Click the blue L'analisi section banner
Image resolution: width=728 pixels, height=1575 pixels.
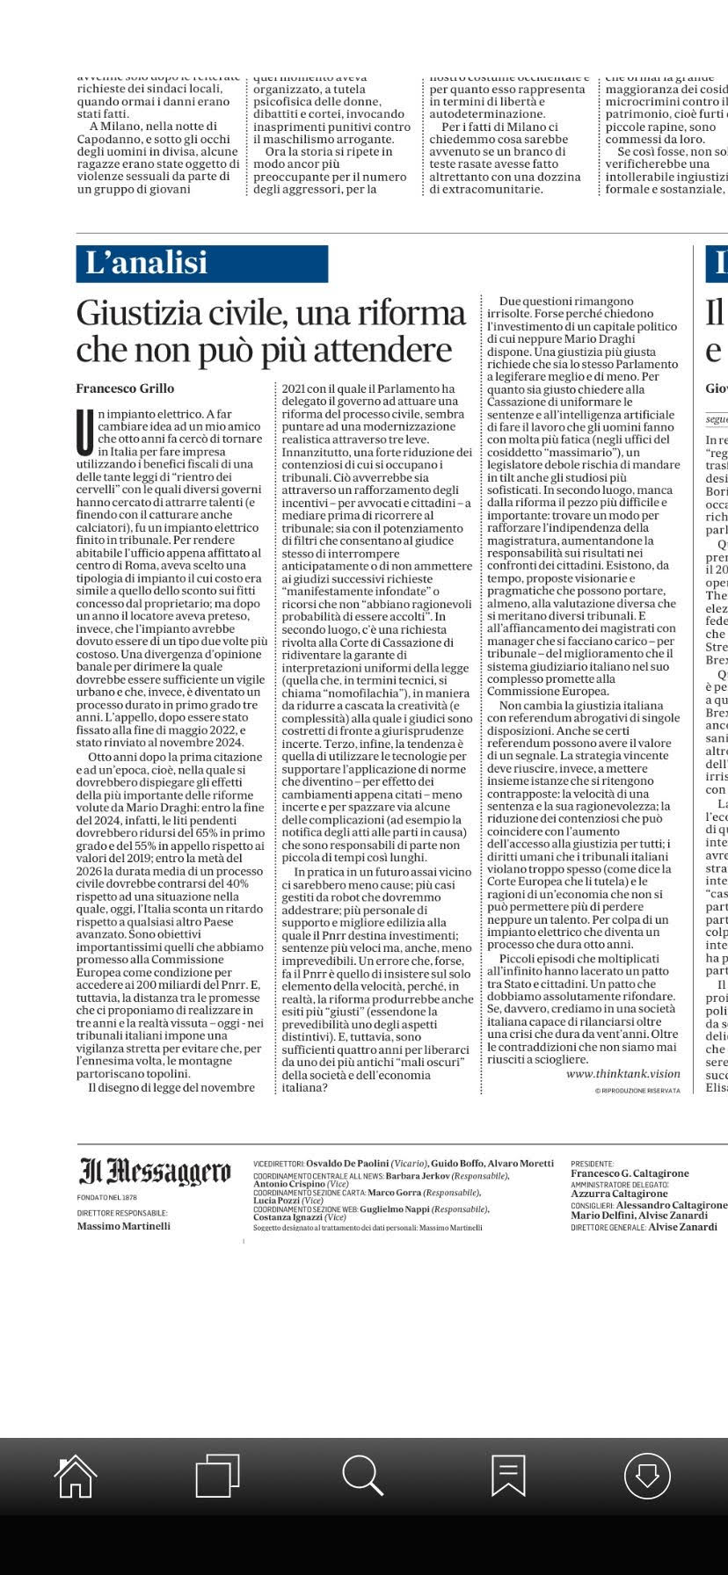(202, 264)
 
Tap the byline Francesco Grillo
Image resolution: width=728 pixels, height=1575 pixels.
(125, 388)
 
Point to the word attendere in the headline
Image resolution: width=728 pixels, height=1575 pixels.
(396, 350)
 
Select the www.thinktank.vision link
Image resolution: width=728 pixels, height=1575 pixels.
(622, 1074)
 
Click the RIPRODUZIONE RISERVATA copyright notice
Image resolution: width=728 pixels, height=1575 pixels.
(637, 1091)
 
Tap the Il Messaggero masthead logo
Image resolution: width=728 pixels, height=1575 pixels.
(155, 1172)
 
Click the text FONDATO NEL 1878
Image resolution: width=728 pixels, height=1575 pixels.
(107, 1197)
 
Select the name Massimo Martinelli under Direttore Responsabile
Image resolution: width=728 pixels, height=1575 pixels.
(123, 1226)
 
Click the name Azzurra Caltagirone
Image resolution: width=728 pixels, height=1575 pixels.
(619, 1194)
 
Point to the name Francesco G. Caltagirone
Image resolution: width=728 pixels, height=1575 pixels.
(630, 1173)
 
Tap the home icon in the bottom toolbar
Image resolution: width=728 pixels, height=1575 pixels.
(76, 1476)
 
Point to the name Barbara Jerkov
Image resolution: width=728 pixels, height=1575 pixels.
(418, 1176)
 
